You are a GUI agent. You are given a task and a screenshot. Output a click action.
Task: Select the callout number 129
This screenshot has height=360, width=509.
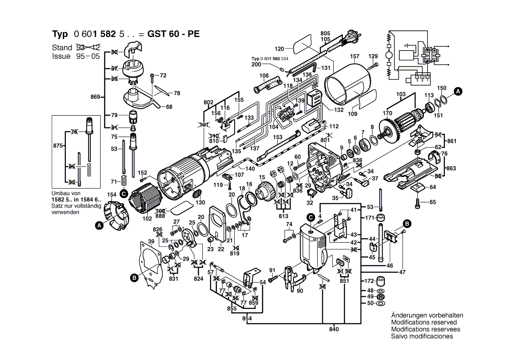click(x=373, y=56)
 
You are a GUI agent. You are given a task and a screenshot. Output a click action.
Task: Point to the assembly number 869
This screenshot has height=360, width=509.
click(x=95, y=96)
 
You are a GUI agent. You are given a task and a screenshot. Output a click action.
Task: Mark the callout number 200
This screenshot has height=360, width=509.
click(x=256, y=64)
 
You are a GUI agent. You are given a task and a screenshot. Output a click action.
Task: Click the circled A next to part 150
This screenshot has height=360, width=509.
click(x=458, y=91)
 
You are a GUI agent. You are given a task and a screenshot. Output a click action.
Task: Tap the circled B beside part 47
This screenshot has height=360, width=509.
click(x=407, y=223)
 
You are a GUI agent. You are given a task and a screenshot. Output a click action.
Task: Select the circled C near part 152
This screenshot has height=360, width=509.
click(x=123, y=193)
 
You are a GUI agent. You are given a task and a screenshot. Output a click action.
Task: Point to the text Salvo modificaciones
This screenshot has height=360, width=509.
click(x=422, y=336)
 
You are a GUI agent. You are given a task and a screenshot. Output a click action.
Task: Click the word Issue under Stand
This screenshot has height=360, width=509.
click(x=61, y=56)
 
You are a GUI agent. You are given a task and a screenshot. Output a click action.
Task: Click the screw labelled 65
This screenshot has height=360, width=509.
click(x=419, y=202)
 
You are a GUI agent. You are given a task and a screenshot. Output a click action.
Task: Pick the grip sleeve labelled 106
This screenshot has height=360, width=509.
click(x=265, y=84)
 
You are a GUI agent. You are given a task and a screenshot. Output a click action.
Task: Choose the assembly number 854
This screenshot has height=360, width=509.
click(x=247, y=319)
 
